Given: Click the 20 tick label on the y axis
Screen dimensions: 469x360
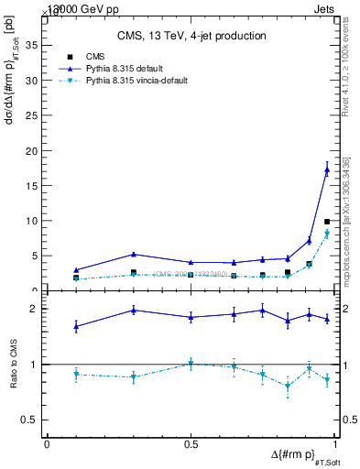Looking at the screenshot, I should click(34, 150).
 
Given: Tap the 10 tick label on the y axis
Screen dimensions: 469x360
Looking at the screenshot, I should click(34, 221).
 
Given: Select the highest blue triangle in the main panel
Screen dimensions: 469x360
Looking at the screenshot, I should click(327, 169).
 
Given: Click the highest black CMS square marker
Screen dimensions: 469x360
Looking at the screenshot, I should click(327, 222).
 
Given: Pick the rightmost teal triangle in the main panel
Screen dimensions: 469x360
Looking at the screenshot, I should click(327, 234).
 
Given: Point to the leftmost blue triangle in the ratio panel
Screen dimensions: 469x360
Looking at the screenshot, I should click(76, 326).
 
